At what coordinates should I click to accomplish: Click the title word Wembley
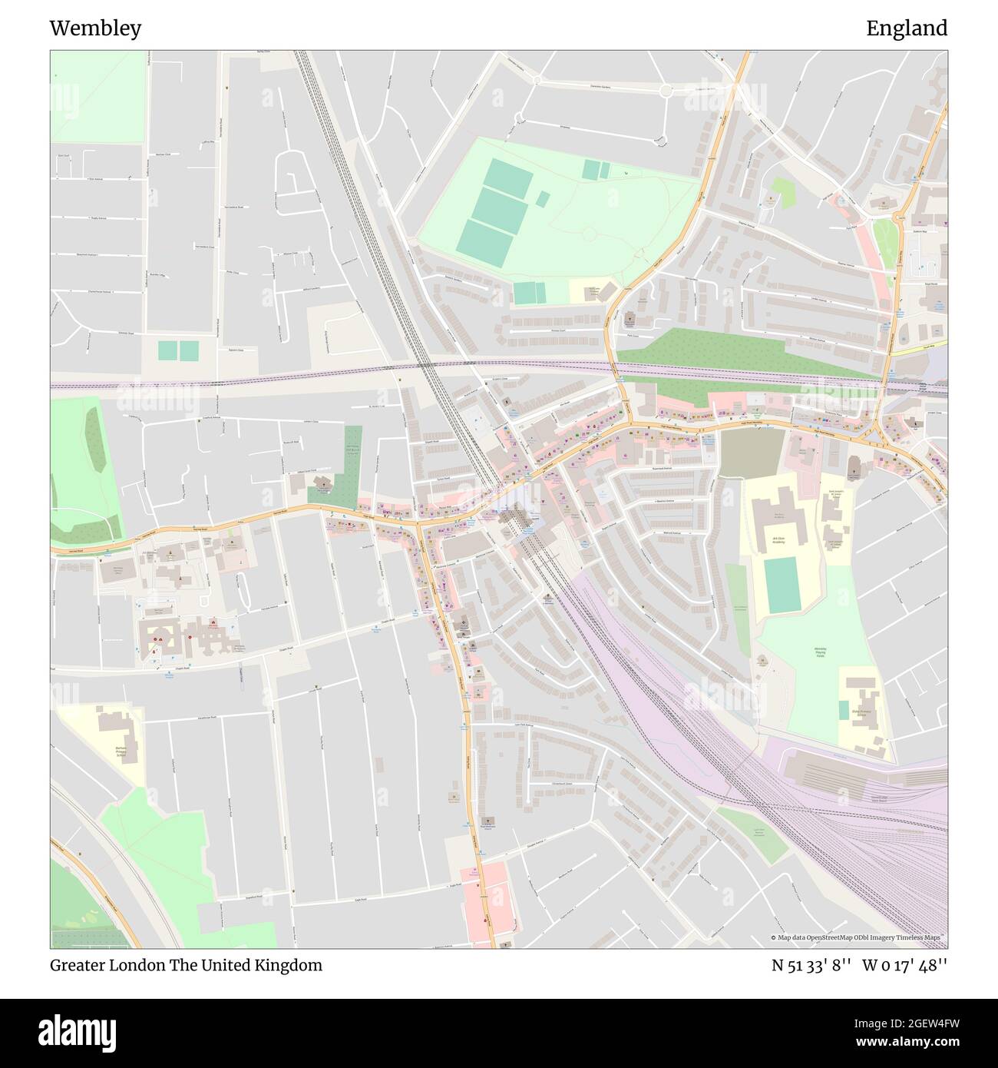point(95,29)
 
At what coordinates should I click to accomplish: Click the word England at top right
point(906,29)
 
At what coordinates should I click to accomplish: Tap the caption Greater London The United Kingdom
point(186,965)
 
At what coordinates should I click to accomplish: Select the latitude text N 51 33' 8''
point(811,965)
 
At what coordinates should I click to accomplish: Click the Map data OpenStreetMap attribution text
point(858,937)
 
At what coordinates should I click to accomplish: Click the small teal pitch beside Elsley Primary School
point(844,710)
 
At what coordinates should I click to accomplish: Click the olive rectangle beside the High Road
point(752,453)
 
